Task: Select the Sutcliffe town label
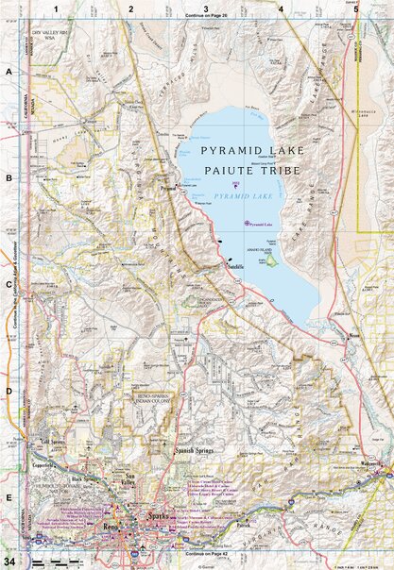(237, 268)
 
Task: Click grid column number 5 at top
(356, 8)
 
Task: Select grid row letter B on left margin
(9, 176)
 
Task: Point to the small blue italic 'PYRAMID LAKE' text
(239, 194)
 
